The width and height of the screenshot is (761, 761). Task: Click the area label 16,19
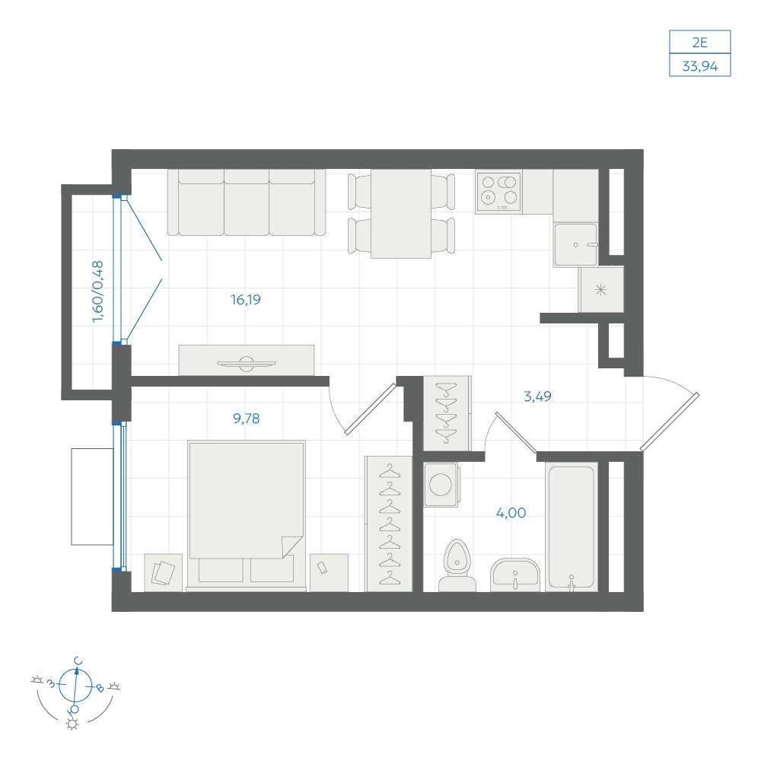246,299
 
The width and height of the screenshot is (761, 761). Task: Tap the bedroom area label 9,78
247,418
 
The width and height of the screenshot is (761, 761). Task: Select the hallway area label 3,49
538,396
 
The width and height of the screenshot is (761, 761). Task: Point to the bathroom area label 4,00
511,512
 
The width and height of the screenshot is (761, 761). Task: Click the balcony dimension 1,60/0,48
97,291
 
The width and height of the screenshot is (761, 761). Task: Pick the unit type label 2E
700,42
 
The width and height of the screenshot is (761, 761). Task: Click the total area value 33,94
700,65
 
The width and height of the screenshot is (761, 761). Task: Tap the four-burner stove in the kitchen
499,193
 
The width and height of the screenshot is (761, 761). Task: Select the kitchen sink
576,244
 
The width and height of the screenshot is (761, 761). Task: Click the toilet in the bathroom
457,565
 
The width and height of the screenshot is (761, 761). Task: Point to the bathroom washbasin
515,575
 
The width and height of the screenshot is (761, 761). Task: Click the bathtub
572,527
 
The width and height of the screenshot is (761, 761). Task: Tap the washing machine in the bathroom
441,484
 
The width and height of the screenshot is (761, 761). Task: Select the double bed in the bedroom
247,515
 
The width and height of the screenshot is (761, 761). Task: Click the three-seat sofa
247,202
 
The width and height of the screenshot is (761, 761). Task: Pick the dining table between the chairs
401,214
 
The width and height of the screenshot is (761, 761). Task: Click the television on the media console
247,363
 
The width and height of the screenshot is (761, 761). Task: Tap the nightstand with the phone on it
329,573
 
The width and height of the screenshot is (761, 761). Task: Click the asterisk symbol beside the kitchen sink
601,290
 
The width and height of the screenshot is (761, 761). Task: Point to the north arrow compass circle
75,686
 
